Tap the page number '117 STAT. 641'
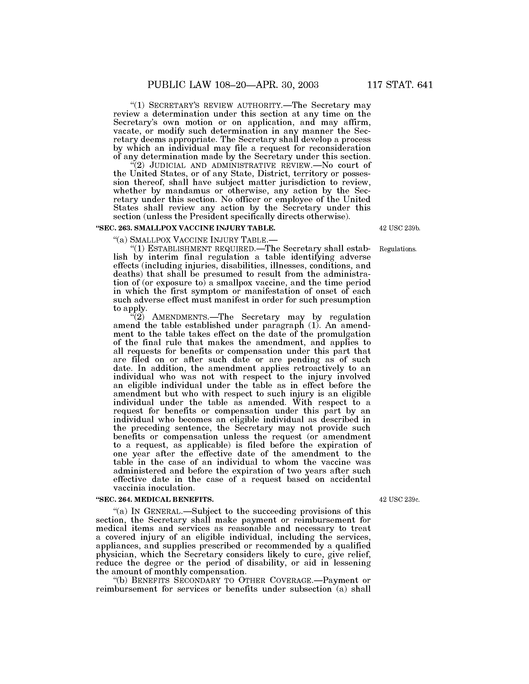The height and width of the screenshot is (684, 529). (x=400, y=85)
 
